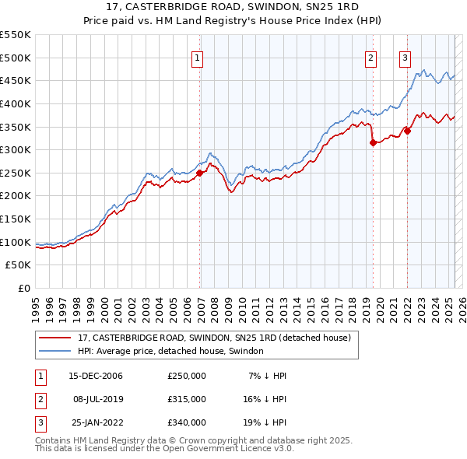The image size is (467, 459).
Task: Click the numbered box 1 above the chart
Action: [197, 57]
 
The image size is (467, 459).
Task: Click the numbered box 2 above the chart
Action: [371, 57]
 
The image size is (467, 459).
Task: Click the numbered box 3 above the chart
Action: [406, 57]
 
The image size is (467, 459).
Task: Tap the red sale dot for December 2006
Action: [200, 173]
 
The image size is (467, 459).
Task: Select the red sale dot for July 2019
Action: [373, 142]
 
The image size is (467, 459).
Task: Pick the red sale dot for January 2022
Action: [408, 131]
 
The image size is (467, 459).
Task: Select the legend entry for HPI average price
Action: [170, 351]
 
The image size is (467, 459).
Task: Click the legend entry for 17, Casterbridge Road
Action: [214, 338]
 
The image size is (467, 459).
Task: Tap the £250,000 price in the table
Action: [187, 376]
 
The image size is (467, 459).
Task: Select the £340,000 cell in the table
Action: [187, 422]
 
